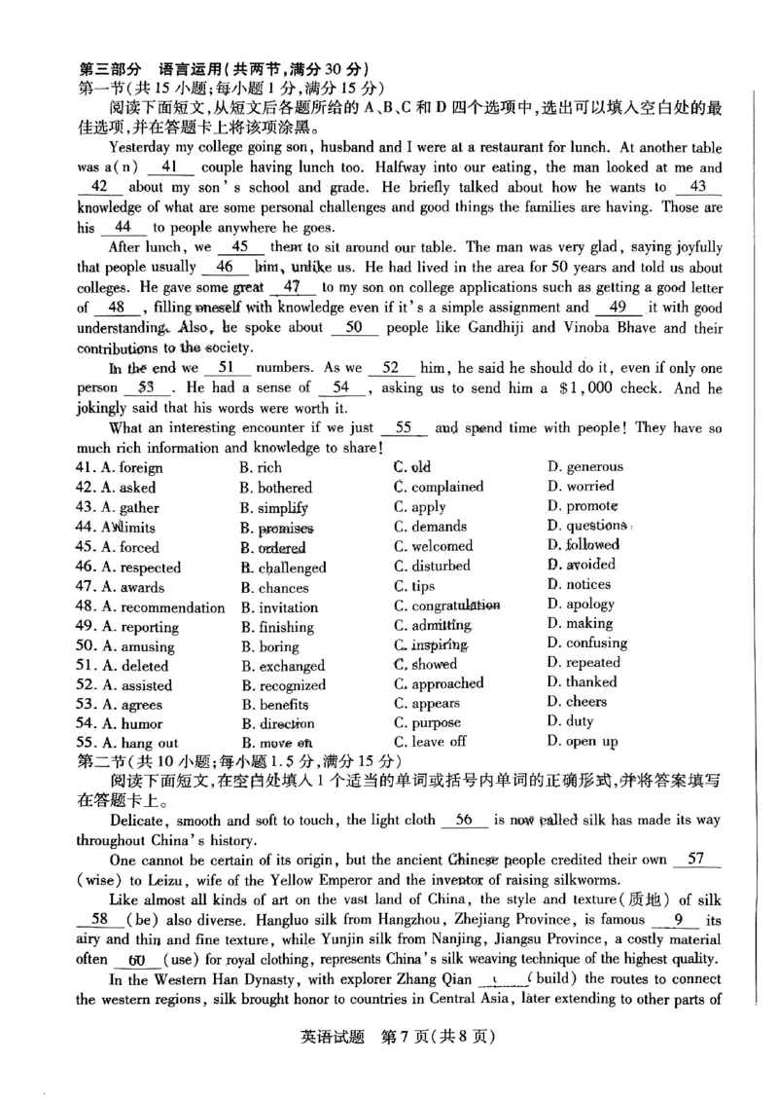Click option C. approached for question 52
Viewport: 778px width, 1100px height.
pos(438,683)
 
